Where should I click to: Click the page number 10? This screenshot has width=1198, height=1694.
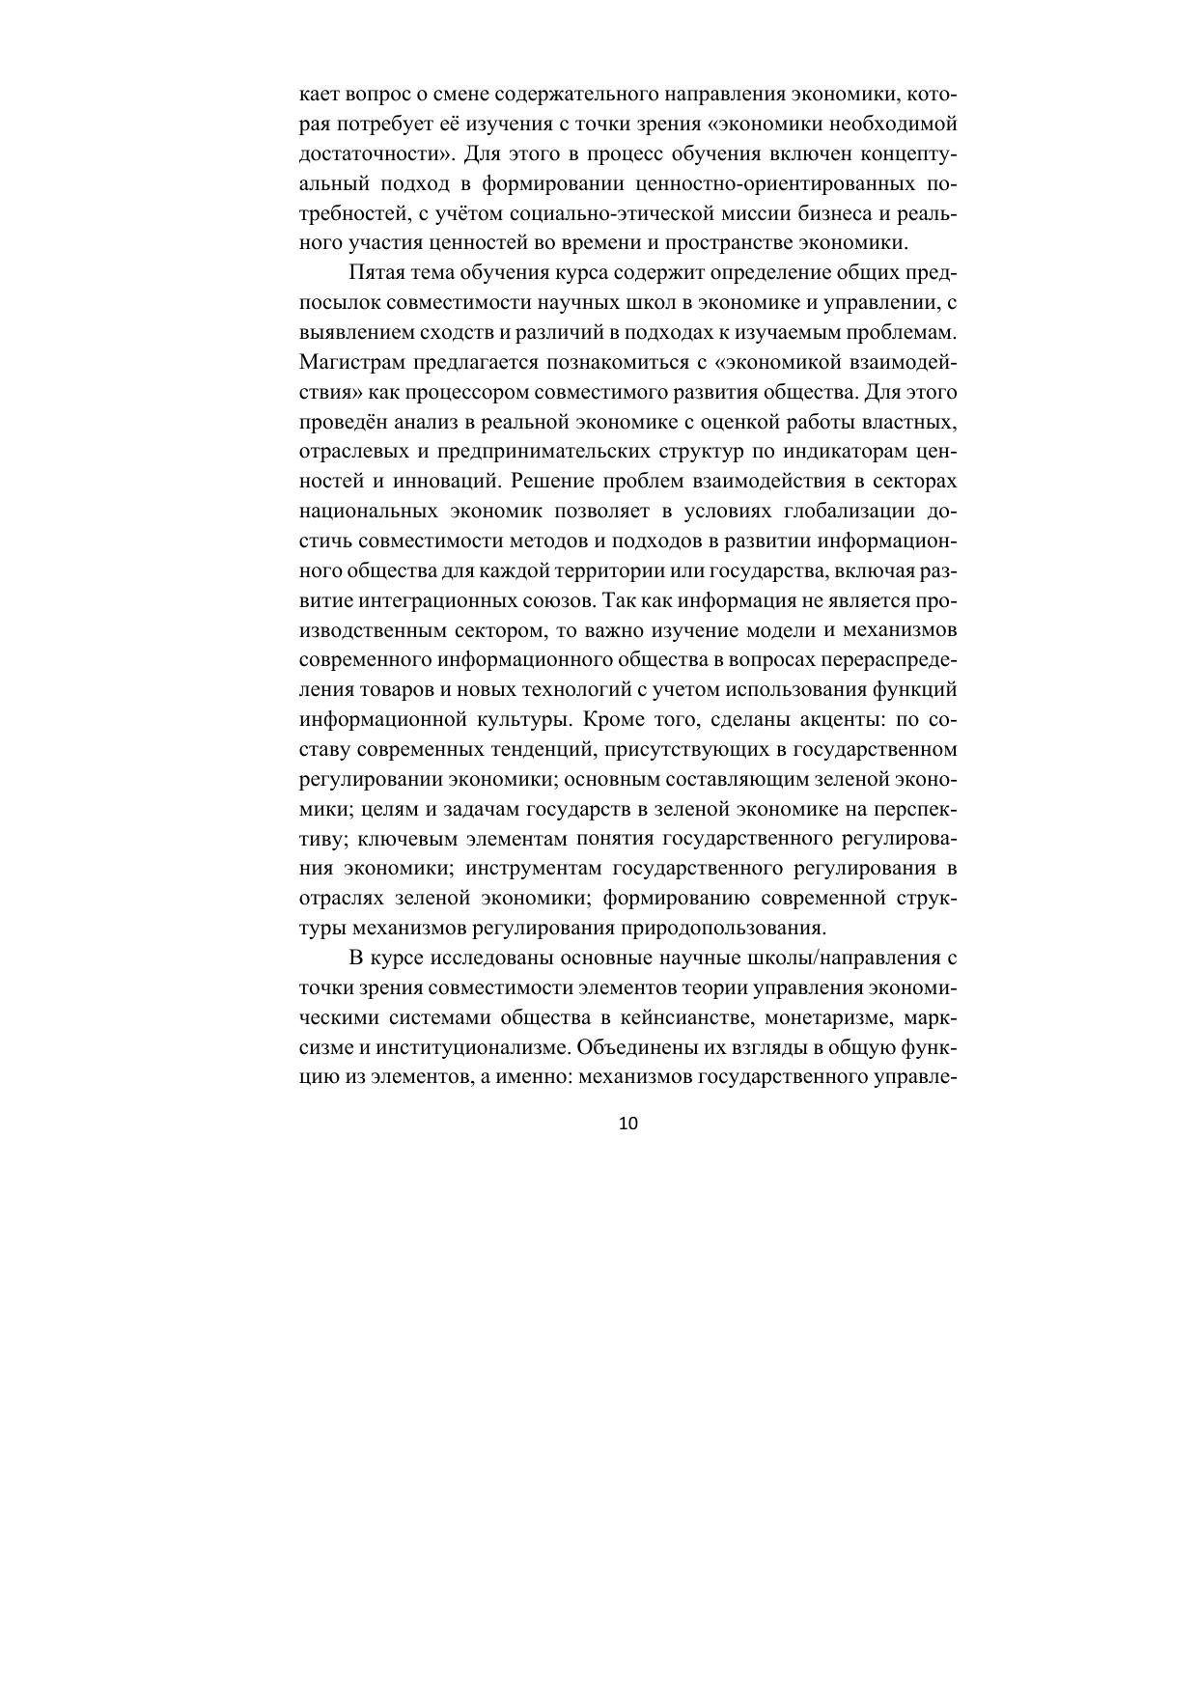627,1123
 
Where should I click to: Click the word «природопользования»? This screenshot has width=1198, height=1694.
731,929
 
